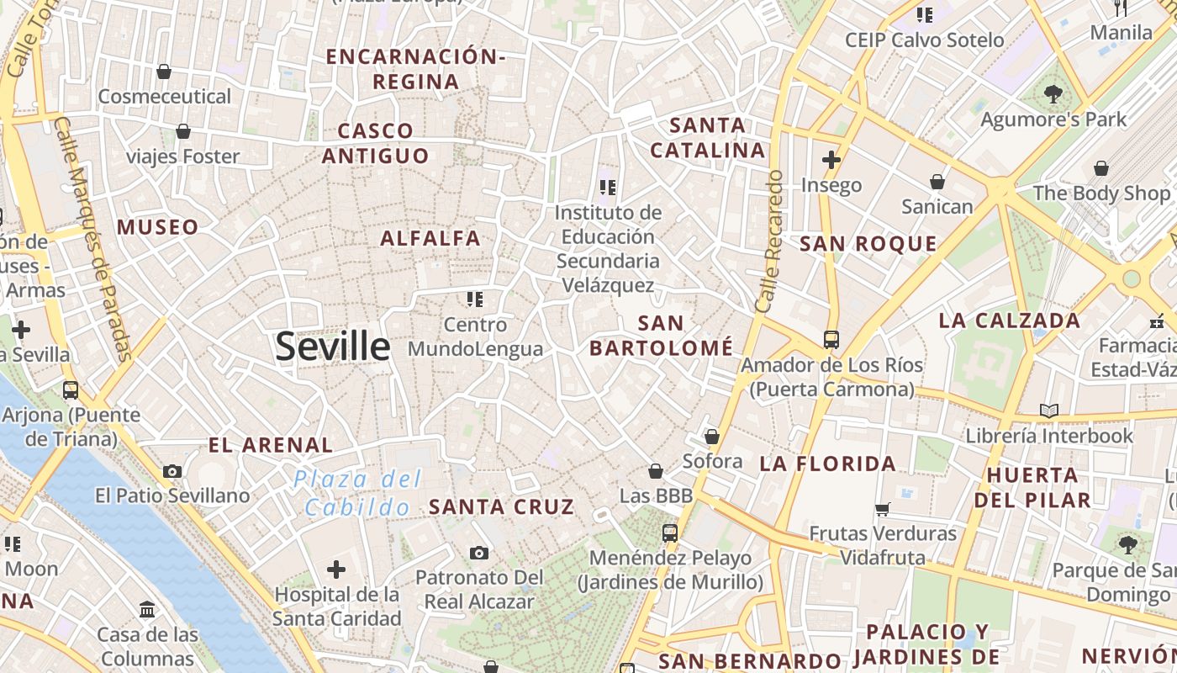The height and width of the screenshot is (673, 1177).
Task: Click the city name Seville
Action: [x=333, y=346]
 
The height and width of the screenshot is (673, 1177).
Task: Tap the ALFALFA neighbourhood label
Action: [x=430, y=238]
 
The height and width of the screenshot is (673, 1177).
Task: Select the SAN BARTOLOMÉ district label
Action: [x=661, y=336]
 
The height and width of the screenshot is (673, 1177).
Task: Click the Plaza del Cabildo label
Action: [x=357, y=493]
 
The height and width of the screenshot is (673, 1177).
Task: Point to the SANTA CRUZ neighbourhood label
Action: [x=502, y=506]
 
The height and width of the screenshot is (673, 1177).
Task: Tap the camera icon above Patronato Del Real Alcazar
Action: [x=479, y=553]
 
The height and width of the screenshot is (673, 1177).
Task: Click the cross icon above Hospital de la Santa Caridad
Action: [x=336, y=570]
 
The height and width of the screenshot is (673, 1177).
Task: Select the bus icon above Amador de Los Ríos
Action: [x=831, y=340]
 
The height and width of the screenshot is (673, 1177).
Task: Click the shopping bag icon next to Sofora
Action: [x=712, y=437]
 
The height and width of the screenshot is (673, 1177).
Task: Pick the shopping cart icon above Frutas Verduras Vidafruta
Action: [x=882, y=509]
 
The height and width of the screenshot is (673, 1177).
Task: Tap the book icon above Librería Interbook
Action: [x=1048, y=411]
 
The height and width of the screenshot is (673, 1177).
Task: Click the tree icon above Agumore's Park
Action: [x=1053, y=93]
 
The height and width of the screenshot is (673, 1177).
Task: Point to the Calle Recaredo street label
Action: [x=769, y=241]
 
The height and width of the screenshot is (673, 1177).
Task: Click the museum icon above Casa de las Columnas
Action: [x=148, y=608]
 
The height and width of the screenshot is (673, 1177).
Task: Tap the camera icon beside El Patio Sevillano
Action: [x=172, y=471]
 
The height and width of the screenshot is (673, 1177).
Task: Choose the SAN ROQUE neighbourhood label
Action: [x=868, y=244]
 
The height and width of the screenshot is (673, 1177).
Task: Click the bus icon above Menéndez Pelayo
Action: [x=670, y=533]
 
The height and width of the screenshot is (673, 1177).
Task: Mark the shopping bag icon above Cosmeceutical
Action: [x=164, y=72]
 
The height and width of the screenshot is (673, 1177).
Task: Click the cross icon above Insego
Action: [x=831, y=159]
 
